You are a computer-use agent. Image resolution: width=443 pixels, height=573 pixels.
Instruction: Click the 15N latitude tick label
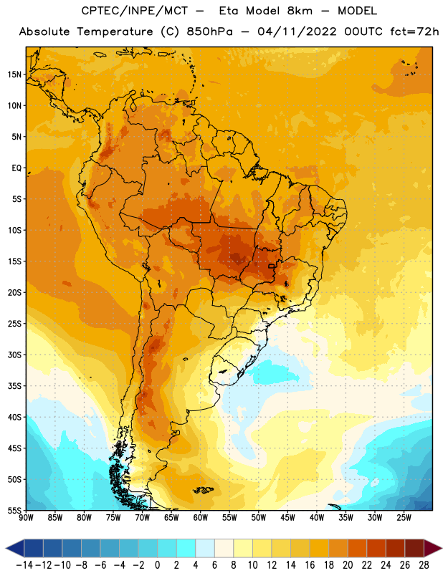14,74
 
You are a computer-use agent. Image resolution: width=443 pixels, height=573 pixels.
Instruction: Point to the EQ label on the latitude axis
16,168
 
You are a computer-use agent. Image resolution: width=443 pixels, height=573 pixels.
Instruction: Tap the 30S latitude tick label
14,355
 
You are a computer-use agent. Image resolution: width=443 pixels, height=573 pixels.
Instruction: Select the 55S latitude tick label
14,510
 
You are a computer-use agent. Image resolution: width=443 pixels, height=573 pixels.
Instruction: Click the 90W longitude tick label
26,517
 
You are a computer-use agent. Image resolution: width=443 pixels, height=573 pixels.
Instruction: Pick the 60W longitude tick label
201,517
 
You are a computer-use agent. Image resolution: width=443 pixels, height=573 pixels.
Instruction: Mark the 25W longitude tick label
404,517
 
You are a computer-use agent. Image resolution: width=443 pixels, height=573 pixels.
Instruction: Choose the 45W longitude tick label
287,517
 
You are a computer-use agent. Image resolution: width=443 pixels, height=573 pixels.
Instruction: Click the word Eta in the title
229,11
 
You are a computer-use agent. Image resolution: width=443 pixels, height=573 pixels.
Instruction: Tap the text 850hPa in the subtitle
209,32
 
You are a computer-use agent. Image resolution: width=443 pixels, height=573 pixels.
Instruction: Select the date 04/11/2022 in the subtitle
297,32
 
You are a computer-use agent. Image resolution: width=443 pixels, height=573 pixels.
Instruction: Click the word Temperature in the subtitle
115,32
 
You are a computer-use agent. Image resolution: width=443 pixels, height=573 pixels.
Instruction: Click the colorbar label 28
424,565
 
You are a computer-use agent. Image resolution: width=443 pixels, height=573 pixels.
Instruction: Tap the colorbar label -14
24,565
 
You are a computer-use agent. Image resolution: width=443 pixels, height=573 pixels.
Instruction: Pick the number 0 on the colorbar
157,565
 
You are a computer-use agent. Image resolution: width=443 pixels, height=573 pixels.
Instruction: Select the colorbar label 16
310,565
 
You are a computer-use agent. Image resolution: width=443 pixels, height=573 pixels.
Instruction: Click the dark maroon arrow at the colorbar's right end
433,548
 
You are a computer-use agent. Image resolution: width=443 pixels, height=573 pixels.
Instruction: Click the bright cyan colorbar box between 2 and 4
186,548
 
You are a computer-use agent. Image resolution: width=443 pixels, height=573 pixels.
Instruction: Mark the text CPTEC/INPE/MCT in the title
134,11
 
